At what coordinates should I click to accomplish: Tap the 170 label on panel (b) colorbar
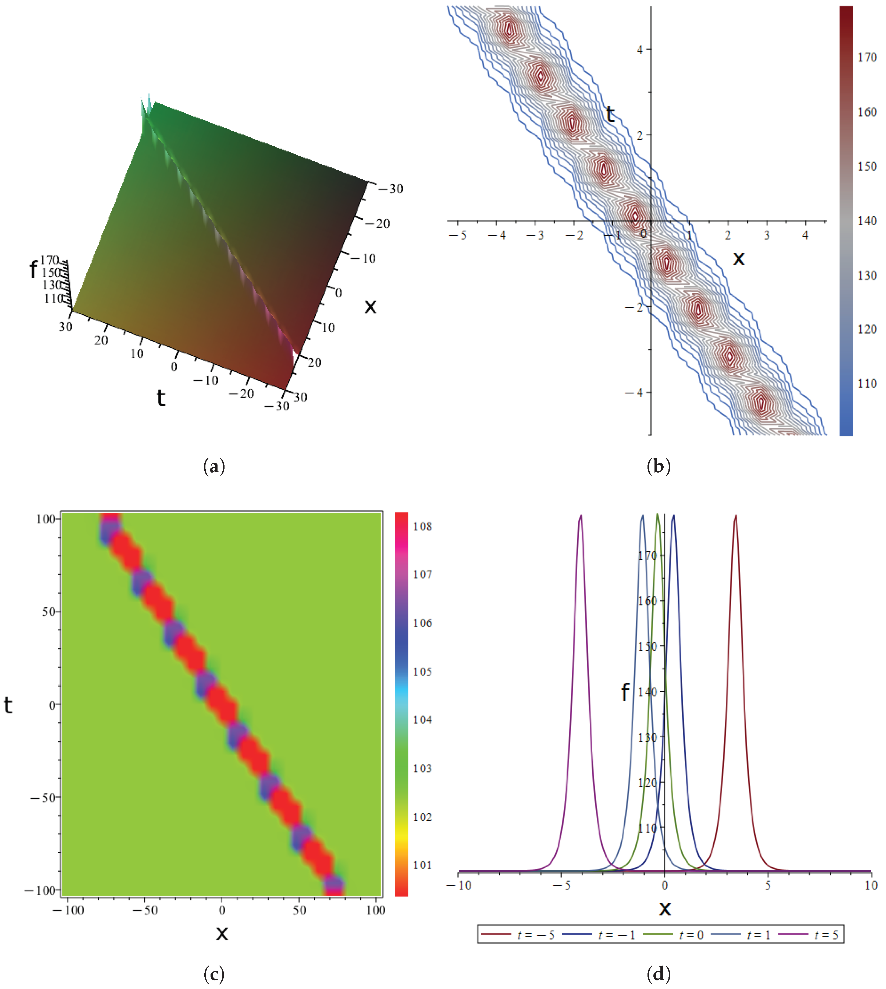(867, 58)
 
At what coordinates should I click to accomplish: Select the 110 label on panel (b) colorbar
(867, 384)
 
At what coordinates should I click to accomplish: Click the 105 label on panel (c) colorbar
(422, 672)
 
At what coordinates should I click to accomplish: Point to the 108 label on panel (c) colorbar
(422, 526)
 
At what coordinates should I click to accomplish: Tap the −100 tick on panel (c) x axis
(68, 910)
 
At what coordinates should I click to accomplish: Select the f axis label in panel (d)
(625, 692)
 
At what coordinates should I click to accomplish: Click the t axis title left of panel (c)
(8, 705)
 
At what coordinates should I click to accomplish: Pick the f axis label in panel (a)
(33, 269)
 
